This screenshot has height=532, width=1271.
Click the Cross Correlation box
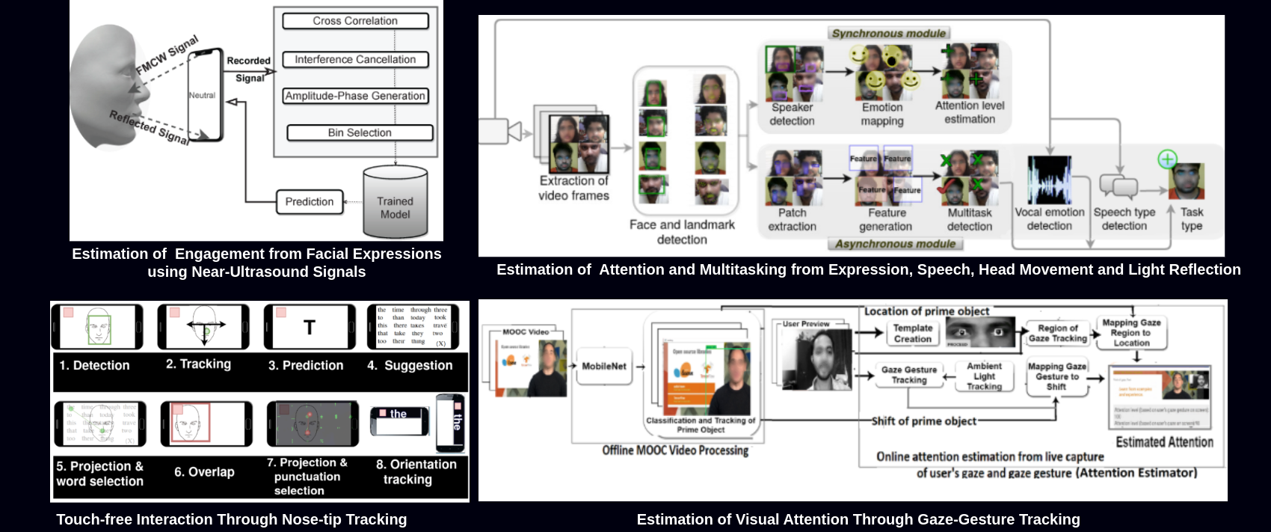click(x=355, y=21)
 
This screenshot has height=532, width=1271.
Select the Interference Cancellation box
click(x=355, y=59)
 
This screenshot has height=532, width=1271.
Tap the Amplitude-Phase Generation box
click(x=355, y=96)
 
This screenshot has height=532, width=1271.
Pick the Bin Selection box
click(x=360, y=132)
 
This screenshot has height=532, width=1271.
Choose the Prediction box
click(x=310, y=201)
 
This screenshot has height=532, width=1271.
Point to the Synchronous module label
click(x=889, y=33)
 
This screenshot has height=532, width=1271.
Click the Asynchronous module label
click(x=895, y=244)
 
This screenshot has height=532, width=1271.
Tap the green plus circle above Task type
click(x=1167, y=159)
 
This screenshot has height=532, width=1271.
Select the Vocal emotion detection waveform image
click(x=1049, y=180)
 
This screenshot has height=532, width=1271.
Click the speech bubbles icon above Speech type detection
click(x=1118, y=186)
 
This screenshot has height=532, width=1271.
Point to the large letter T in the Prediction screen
click(x=310, y=327)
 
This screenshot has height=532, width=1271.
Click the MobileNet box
click(x=604, y=366)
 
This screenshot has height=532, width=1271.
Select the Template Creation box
click(x=913, y=333)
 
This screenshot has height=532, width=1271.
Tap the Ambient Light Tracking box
click(x=984, y=376)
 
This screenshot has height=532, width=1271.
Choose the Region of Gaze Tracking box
click(x=1058, y=333)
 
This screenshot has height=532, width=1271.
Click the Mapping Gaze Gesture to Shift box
click(x=1056, y=376)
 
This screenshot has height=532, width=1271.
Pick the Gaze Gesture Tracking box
click(x=908, y=375)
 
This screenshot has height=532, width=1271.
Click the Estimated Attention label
click(x=1164, y=442)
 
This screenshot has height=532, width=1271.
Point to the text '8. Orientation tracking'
click(x=416, y=471)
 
